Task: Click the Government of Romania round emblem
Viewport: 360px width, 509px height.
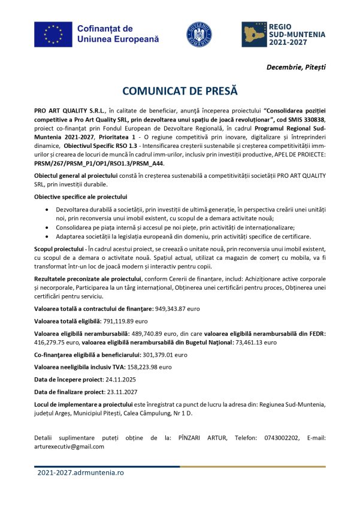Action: (x=199, y=34)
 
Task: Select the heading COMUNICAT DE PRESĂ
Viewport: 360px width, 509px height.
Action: (x=180, y=91)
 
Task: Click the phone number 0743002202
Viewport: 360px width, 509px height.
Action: (x=285, y=438)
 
